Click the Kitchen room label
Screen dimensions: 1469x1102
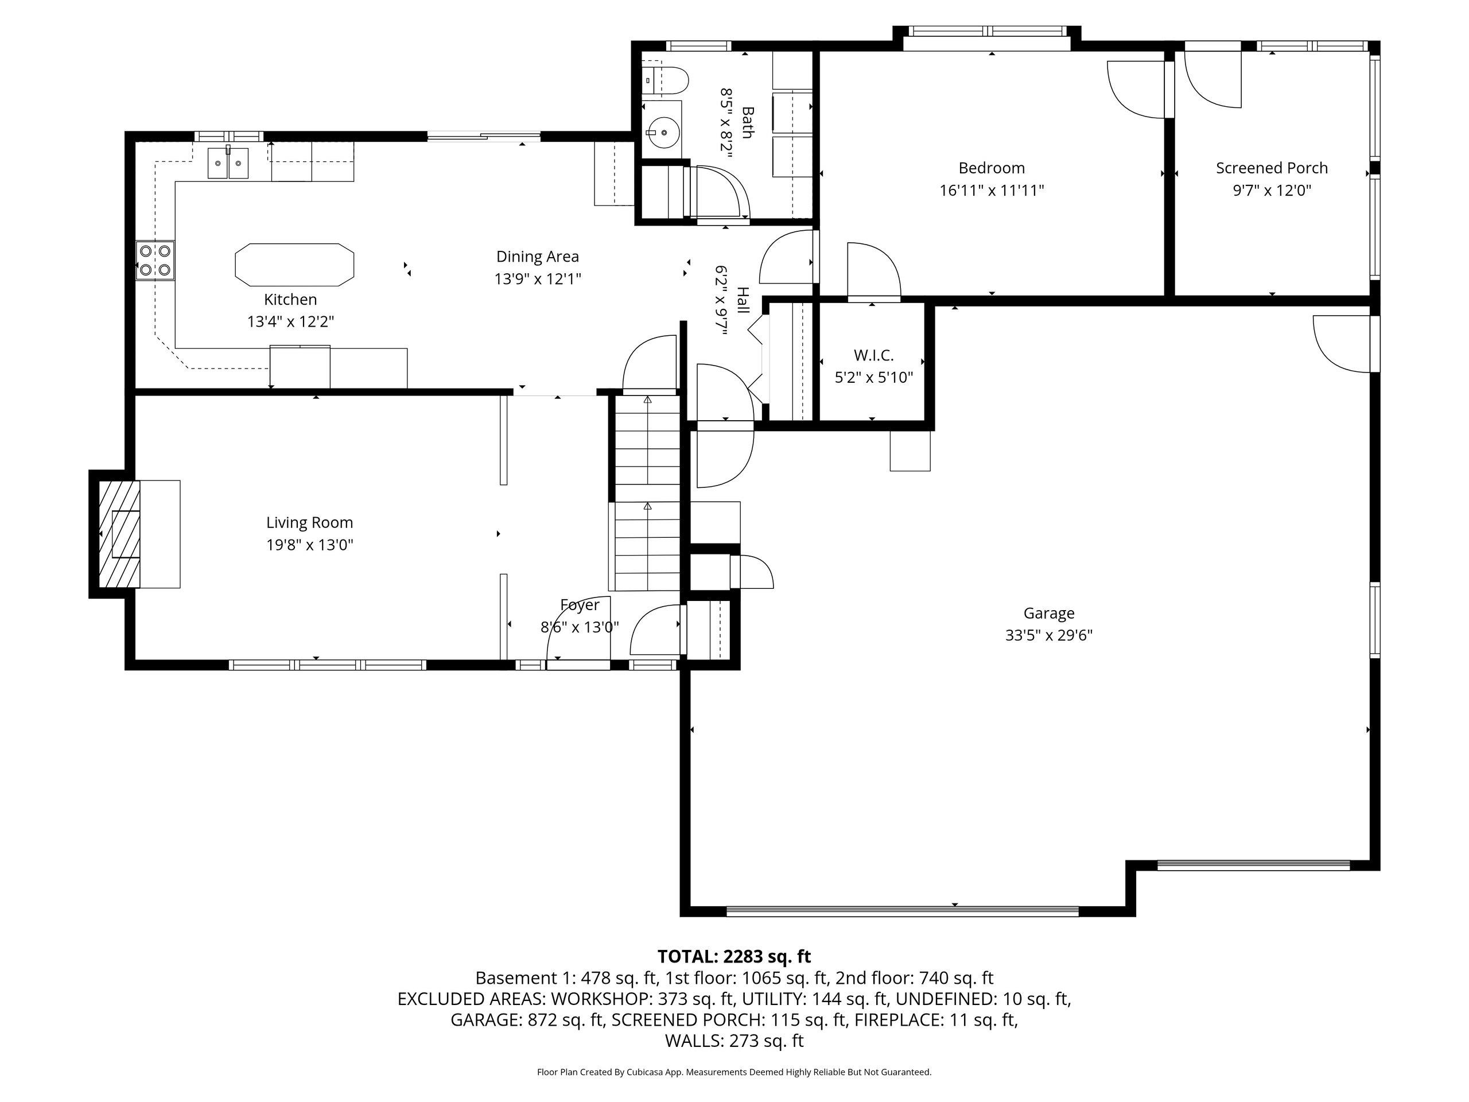(290, 300)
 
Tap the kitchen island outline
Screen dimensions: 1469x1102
(294, 245)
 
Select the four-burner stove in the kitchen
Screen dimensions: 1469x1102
(155, 261)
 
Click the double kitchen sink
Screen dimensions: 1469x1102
(228, 163)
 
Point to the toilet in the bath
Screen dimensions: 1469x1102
(666, 80)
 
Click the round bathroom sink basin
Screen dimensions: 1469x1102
(662, 131)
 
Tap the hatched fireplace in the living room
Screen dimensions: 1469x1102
(119, 534)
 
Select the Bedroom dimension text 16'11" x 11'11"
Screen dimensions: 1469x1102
(992, 191)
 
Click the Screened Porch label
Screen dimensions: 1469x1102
(1272, 168)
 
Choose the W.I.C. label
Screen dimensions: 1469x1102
(873, 355)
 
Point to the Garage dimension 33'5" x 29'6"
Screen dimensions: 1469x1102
(1048, 635)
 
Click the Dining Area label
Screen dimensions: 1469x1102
(537, 257)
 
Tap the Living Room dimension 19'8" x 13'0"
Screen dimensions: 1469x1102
(309, 545)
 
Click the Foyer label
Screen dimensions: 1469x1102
(580, 605)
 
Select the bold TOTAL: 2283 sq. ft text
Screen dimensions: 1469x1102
(734, 957)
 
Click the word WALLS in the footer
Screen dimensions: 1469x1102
(692, 1041)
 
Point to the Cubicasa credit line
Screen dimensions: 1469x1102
(734, 1072)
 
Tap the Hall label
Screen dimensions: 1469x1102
(743, 301)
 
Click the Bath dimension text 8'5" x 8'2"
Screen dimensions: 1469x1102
(725, 123)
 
